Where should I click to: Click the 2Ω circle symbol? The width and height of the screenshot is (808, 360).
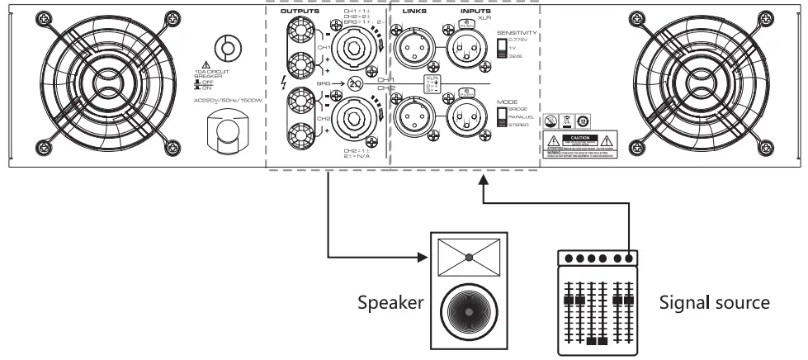pyautogui.click(x=355, y=84)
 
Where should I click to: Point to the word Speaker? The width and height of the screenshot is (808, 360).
pyautogui.click(x=391, y=303)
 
